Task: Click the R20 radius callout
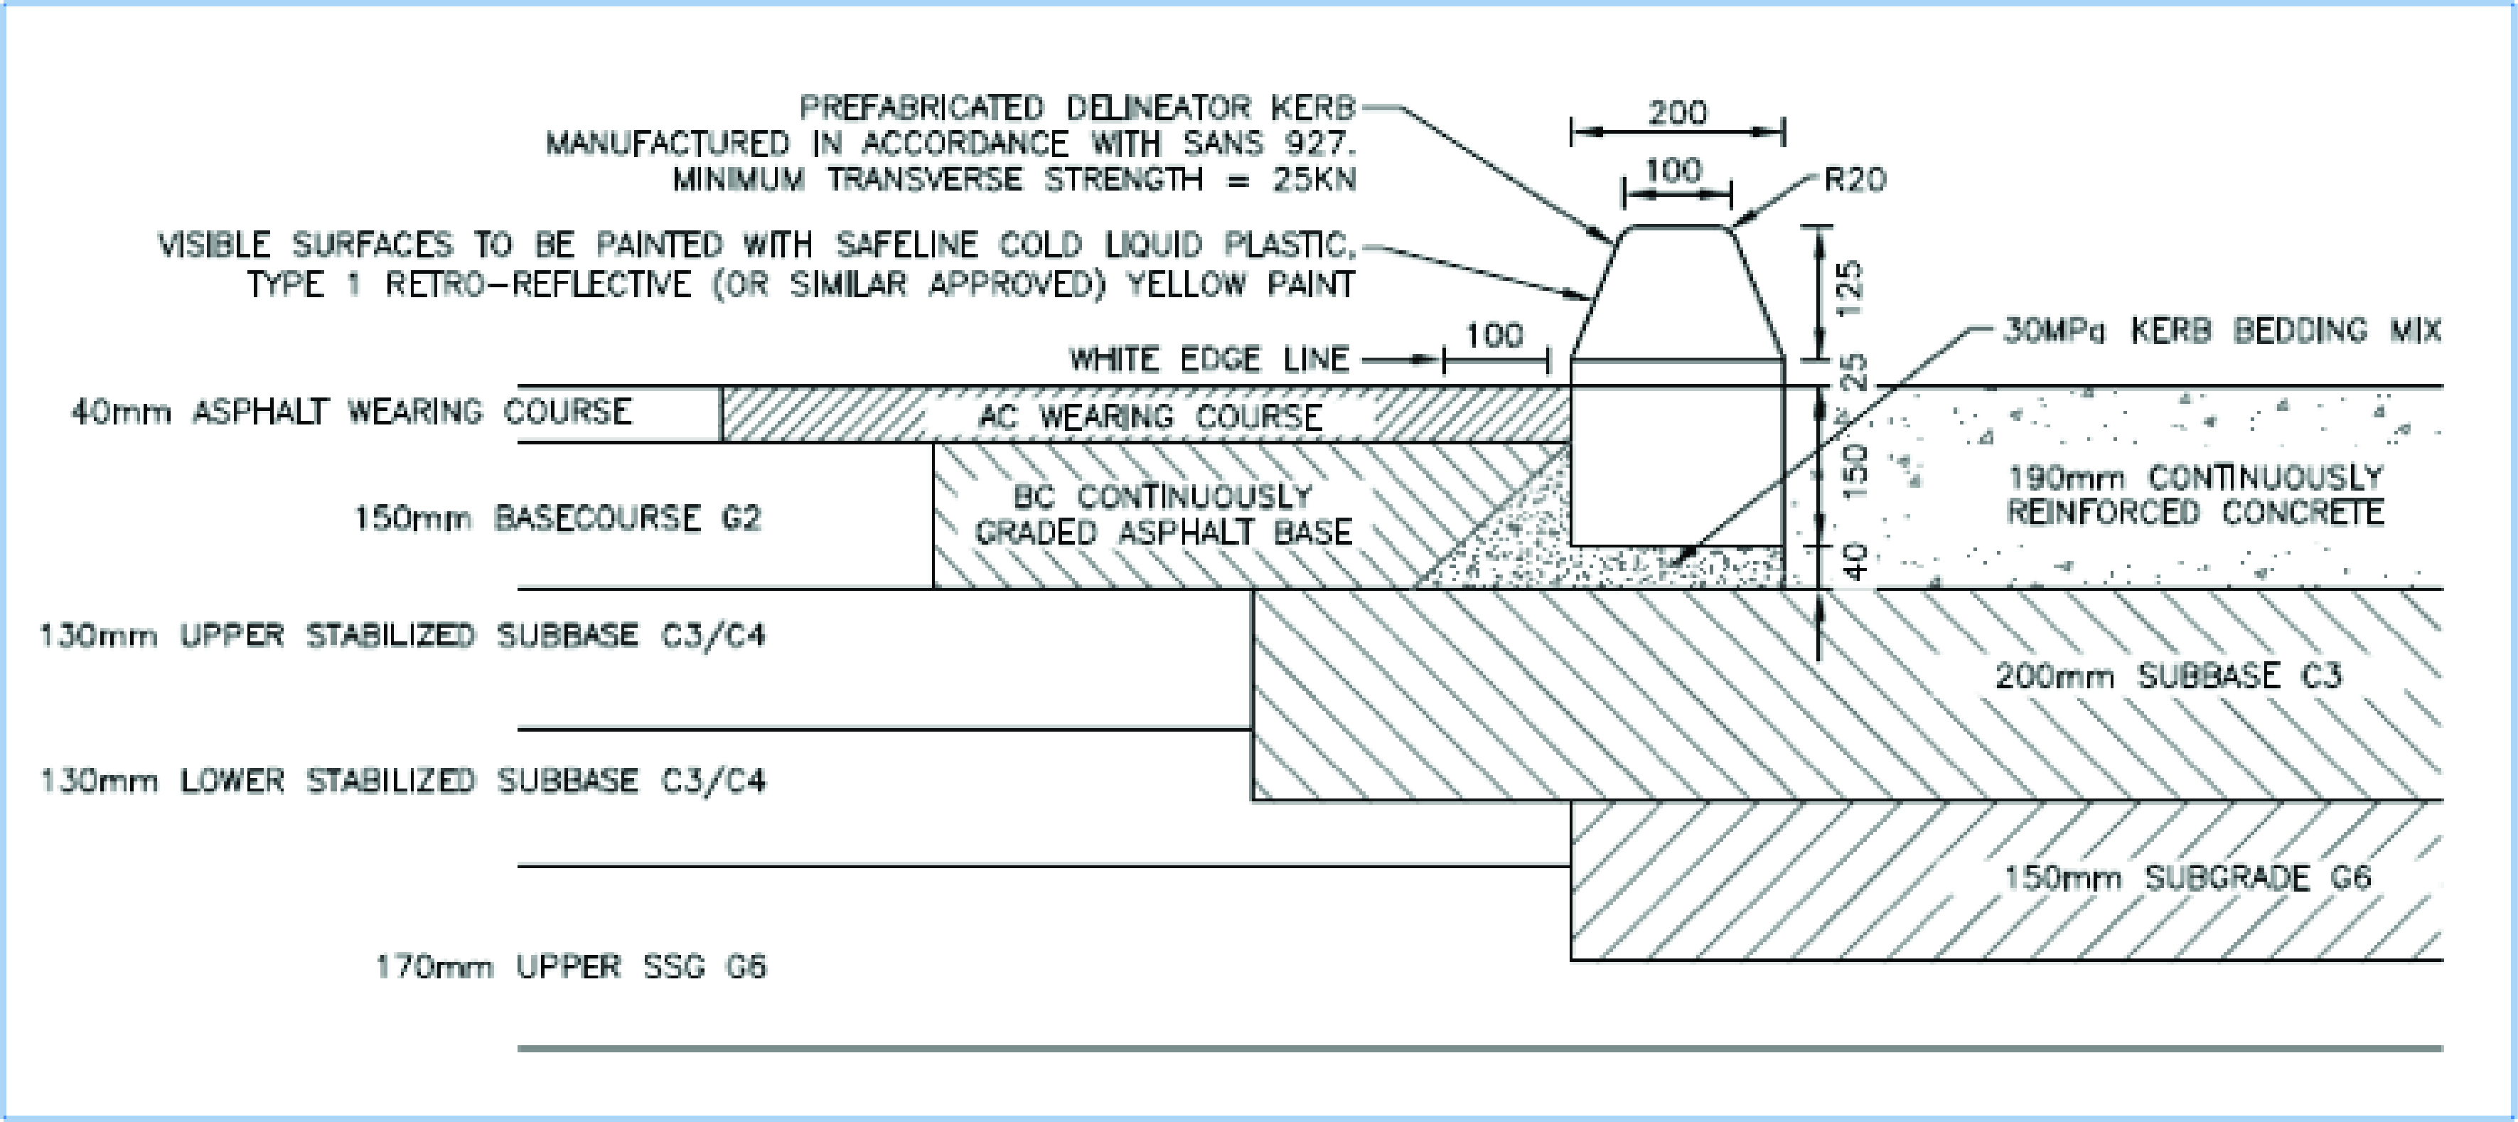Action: tap(1854, 180)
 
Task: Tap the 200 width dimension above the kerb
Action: tap(1678, 112)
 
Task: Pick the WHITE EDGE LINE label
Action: tap(1209, 360)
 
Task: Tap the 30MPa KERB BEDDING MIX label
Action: tap(2222, 331)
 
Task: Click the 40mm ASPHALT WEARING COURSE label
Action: tap(352, 412)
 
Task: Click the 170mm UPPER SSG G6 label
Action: tap(571, 966)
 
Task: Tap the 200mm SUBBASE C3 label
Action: tap(2168, 675)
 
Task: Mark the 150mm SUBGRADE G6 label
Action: tap(2187, 877)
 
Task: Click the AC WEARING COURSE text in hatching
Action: tap(1150, 417)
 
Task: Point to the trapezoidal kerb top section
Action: tap(1678, 292)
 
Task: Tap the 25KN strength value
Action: tap(1314, 180)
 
